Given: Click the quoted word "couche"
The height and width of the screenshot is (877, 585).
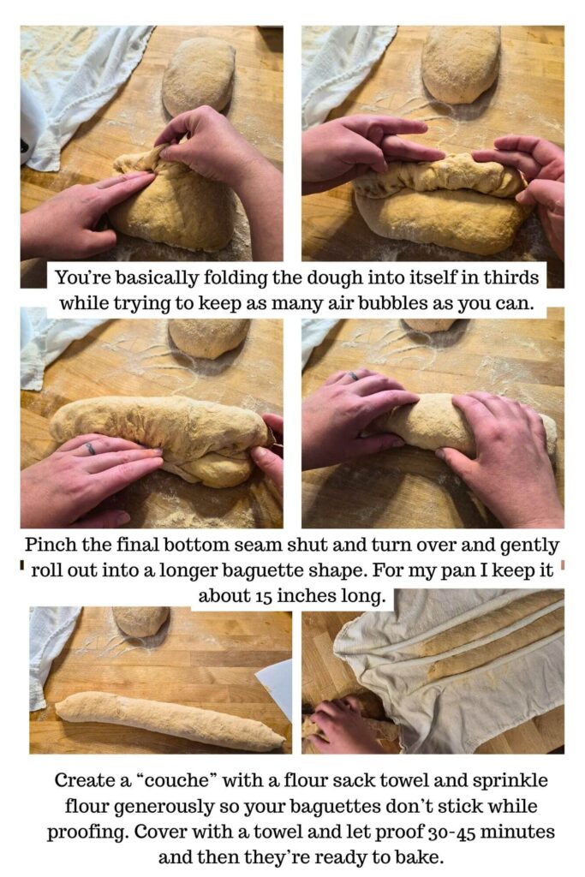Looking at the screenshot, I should [x=179, y=780].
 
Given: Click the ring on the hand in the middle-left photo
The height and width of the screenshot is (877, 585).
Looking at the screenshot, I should [x=89, y=448].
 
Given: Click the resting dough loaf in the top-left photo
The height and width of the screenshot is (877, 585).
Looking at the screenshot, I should [x=198, y=77].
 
